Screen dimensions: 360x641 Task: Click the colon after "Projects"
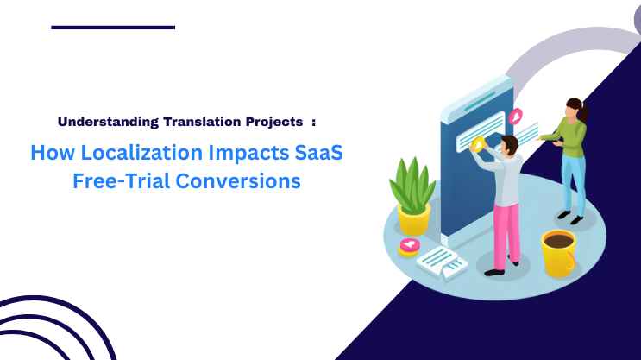tap(313, 122)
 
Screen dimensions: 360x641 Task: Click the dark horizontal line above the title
tap(113, 27)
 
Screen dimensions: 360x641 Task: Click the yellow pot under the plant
tap(414, 218)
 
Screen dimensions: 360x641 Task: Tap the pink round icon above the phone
tap(516, 116)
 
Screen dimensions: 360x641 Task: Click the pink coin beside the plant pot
tap(410, 245)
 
